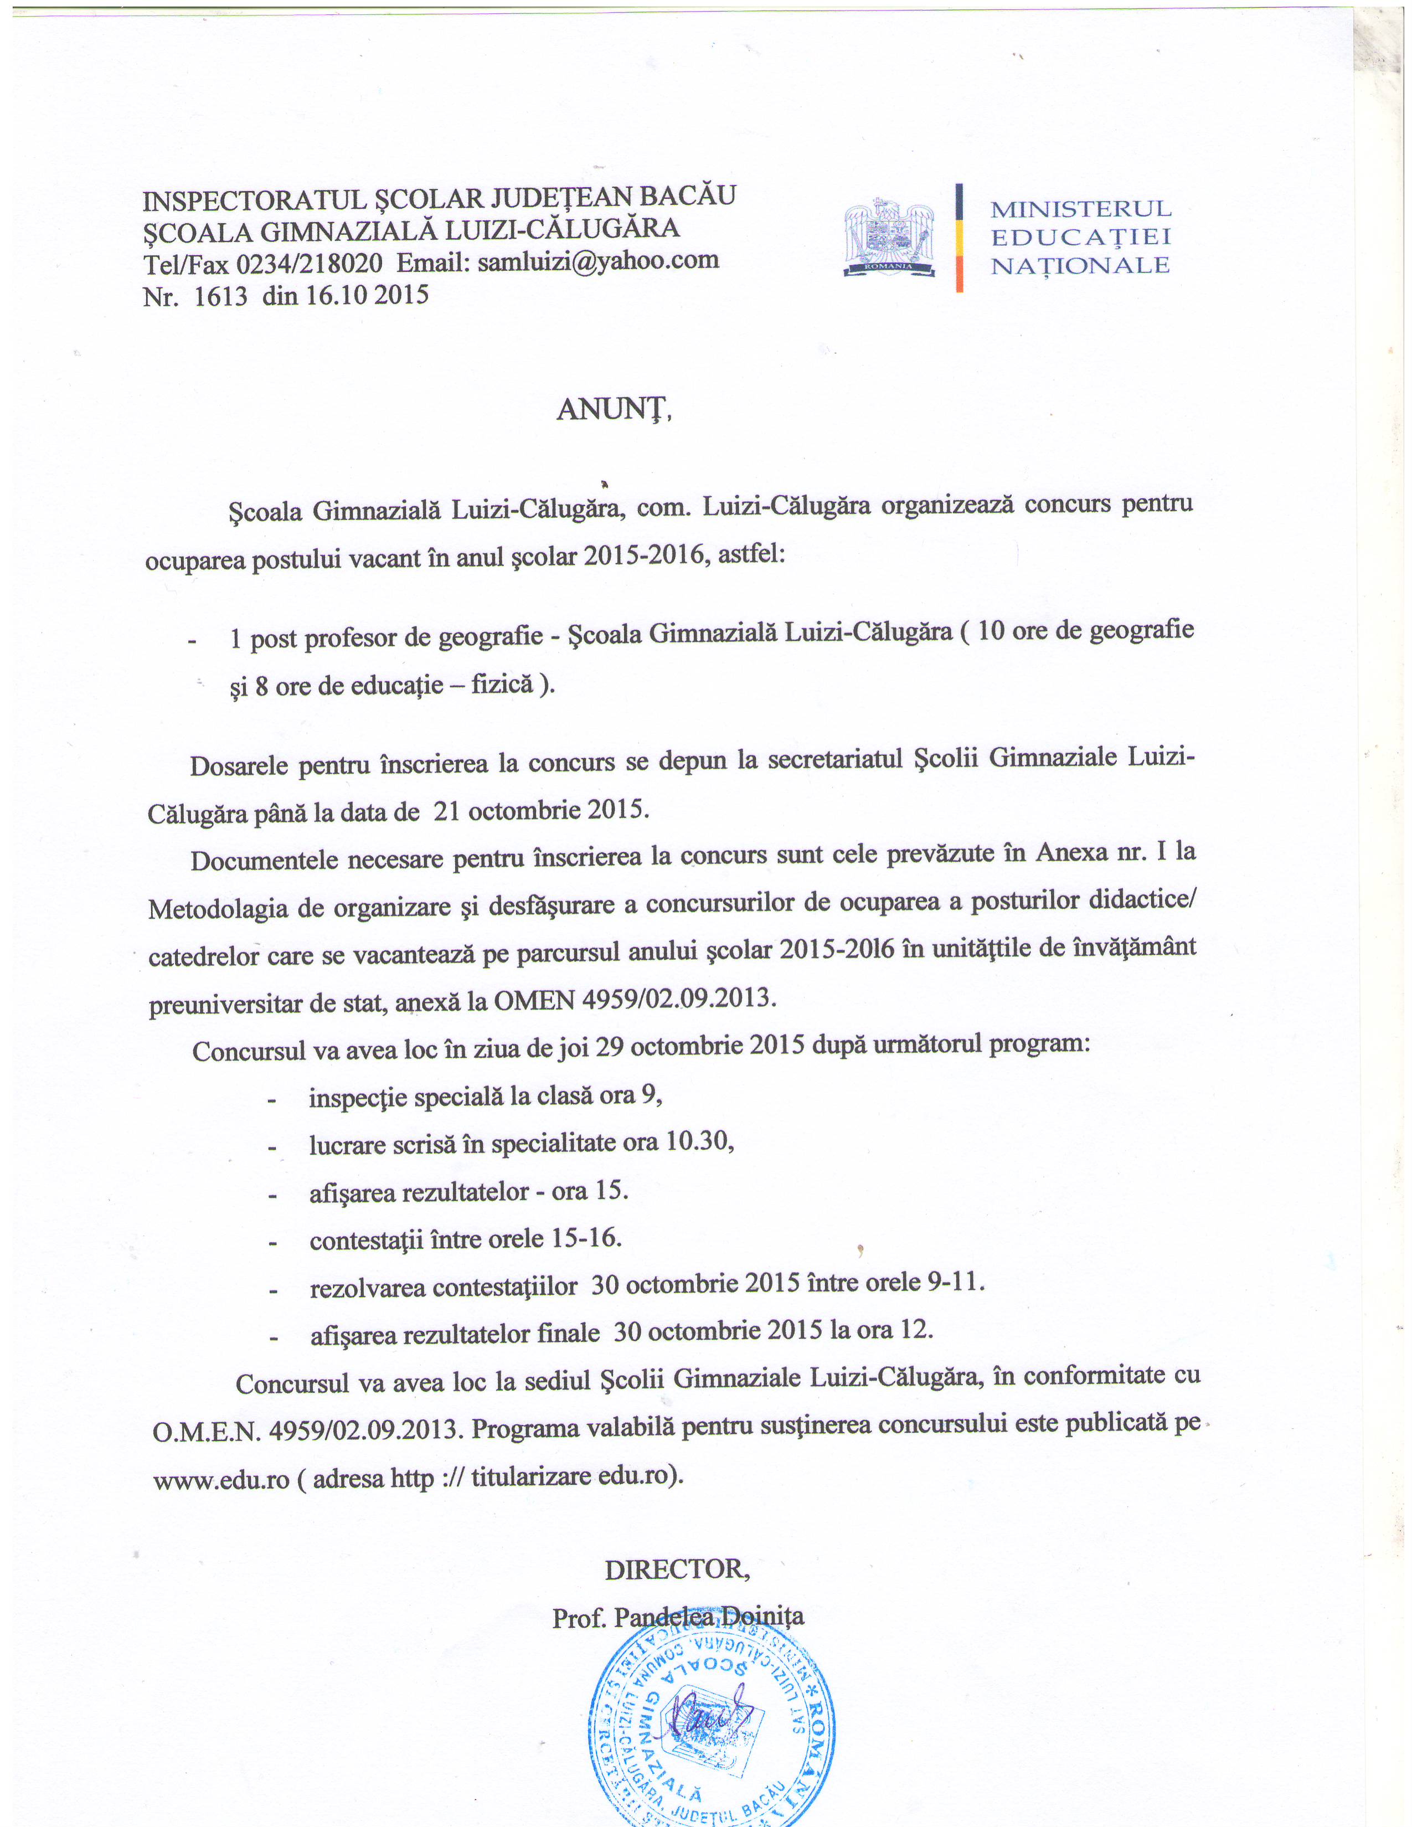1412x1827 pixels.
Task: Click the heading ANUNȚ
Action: point(614,409)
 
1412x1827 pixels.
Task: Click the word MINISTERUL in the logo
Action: point(1081,208)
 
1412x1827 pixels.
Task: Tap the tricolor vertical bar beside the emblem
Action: point(960,239)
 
